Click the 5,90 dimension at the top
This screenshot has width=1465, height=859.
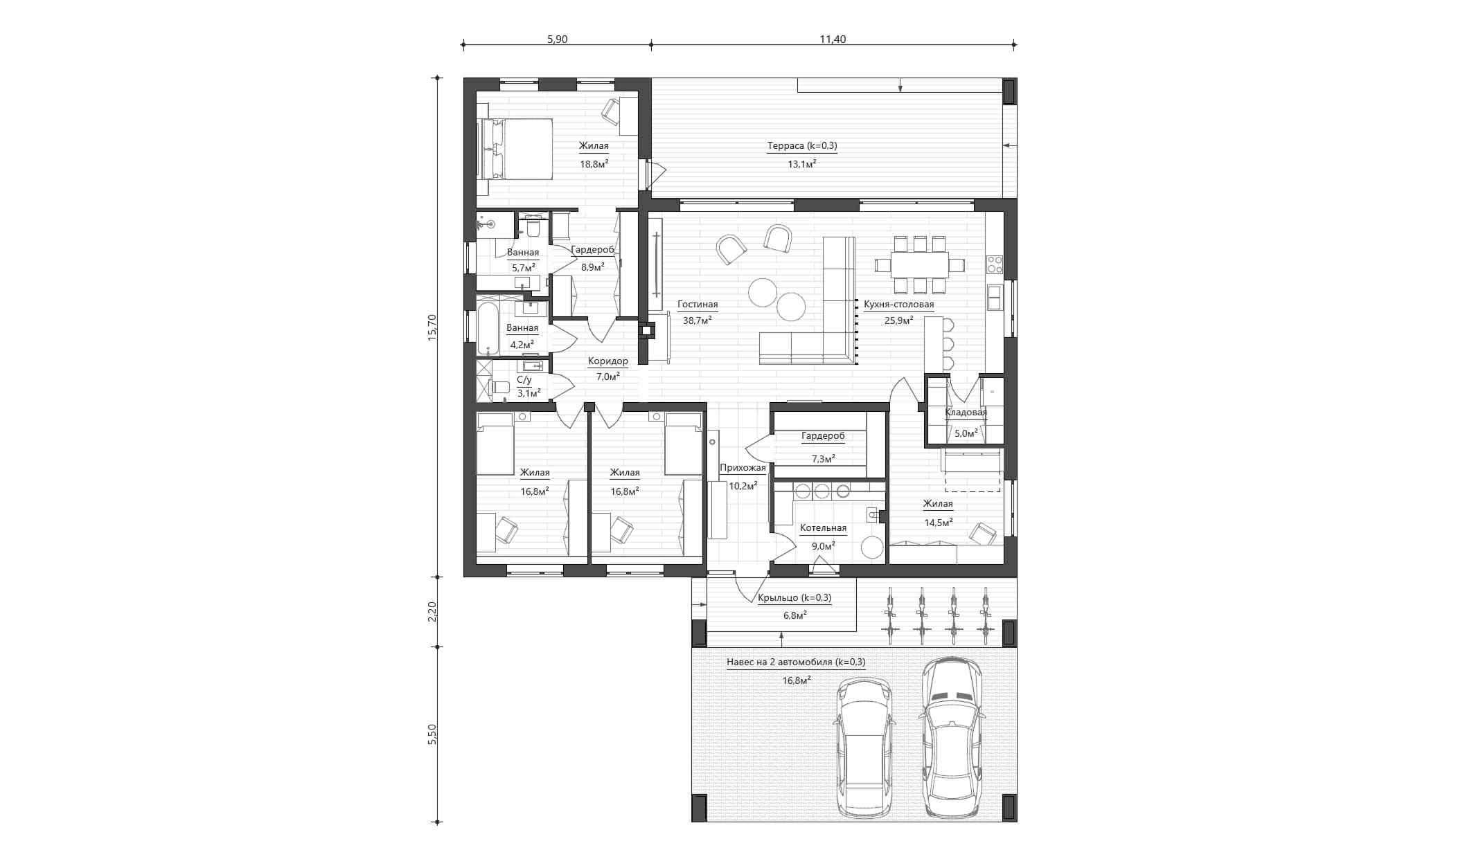557,39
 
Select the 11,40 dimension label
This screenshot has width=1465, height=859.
833,39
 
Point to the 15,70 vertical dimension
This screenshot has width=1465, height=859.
432,327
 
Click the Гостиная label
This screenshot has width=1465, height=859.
698,305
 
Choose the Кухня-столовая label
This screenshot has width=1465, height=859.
898,305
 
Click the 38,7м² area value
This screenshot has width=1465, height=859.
697,320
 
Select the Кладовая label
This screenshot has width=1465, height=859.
966,413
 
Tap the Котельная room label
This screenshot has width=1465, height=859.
823,528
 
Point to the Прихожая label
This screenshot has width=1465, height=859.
743,468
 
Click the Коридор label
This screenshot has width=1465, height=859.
607,361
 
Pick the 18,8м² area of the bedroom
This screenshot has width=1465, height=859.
594,165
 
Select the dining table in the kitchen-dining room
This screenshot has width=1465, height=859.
919,264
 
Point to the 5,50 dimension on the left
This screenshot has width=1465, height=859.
432,734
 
